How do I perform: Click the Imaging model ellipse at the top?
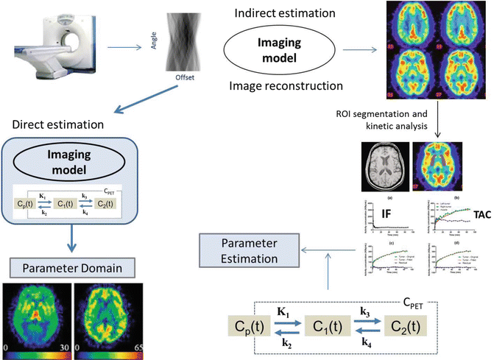click(280, 49)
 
